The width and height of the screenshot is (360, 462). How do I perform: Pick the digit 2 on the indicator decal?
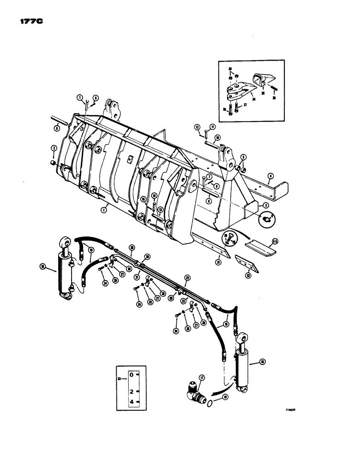(132, 391)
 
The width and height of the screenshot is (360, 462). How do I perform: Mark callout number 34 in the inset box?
(253, 98)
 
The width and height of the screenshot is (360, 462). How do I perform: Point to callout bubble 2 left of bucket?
(54, 148)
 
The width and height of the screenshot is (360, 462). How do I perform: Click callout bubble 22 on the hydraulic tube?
(187, 278)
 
